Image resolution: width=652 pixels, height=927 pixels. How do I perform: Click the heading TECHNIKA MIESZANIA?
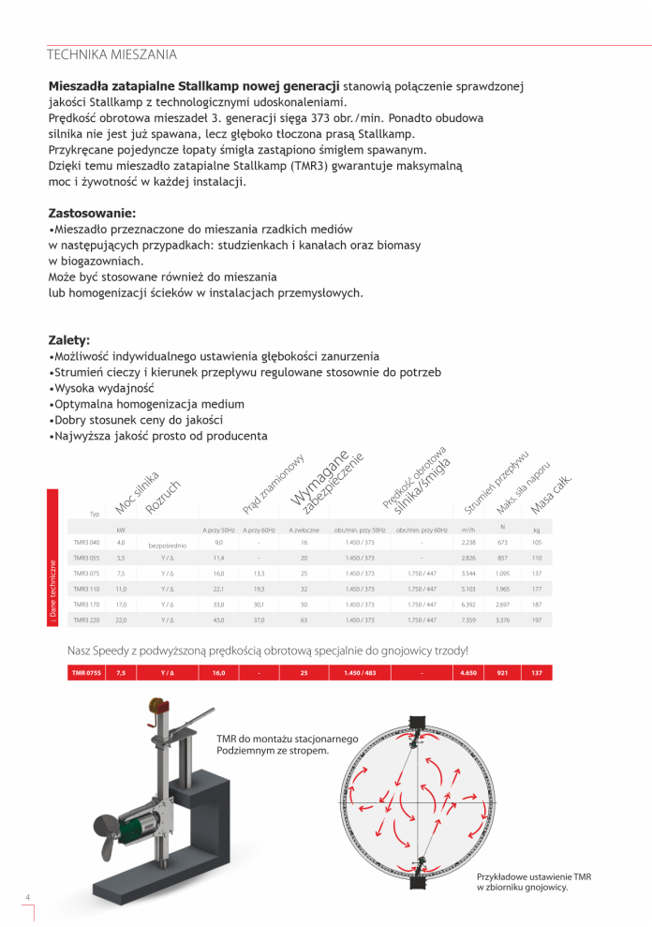(111, 54)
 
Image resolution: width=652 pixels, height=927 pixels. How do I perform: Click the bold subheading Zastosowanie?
(92, 213)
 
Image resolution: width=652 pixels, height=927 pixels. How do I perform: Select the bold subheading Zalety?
(68, 340)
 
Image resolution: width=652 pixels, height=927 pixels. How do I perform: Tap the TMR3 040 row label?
(86, 543)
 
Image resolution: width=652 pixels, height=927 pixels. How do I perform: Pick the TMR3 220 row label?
(86, 620)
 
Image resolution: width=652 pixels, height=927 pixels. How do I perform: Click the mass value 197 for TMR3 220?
(537, 620)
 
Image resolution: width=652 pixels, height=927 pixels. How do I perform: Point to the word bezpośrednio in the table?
(168, 545)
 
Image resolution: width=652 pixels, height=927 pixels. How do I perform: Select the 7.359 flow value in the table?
(469, 620)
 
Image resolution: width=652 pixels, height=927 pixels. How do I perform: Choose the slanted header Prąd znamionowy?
(274, 485)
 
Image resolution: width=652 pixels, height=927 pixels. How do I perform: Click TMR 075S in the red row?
(86, 673)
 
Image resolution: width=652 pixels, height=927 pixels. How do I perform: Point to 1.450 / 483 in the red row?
(360, 673)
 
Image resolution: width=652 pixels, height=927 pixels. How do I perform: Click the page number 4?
(29, 899)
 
